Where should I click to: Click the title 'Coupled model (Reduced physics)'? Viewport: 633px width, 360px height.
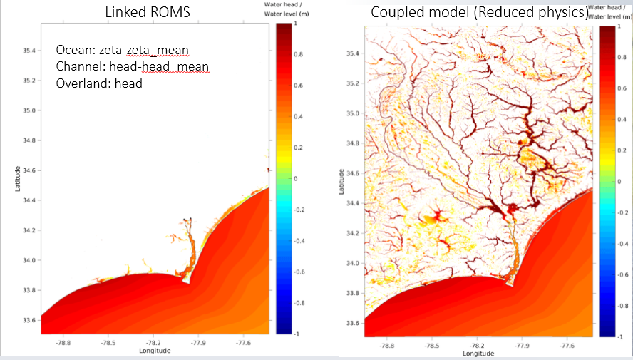479,13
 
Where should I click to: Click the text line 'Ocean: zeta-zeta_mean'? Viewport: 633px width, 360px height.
122,51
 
